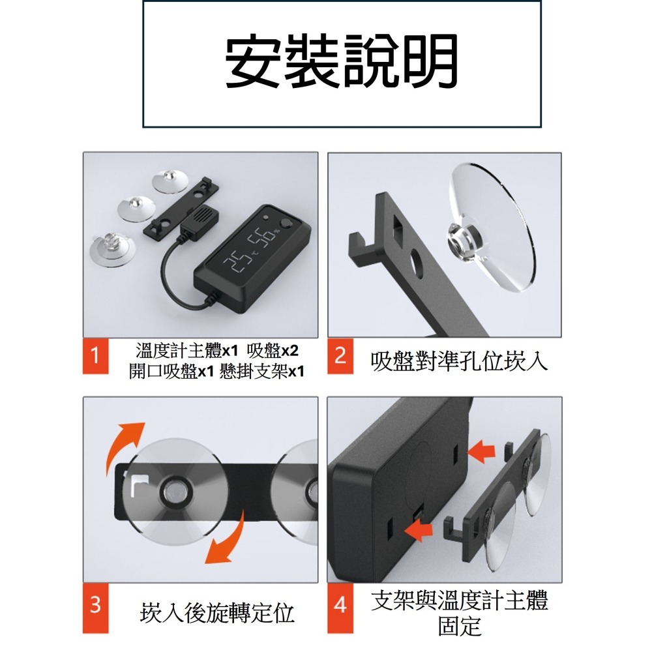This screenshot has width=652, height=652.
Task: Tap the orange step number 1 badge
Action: tap(95, 357)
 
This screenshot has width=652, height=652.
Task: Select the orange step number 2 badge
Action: tap(340, 357)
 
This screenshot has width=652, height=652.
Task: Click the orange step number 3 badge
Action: tap(95, 604)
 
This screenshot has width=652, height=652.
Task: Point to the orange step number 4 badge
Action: tap(340, 604)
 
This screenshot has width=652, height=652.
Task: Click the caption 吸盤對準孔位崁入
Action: tap(459, 361)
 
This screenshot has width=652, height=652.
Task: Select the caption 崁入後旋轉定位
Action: tap(217, 613)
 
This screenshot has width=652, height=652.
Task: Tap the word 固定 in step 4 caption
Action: tap(460, 625)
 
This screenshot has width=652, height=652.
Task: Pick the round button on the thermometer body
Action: tap(285, 228)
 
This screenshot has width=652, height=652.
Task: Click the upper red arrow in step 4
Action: tap(481, 450)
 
